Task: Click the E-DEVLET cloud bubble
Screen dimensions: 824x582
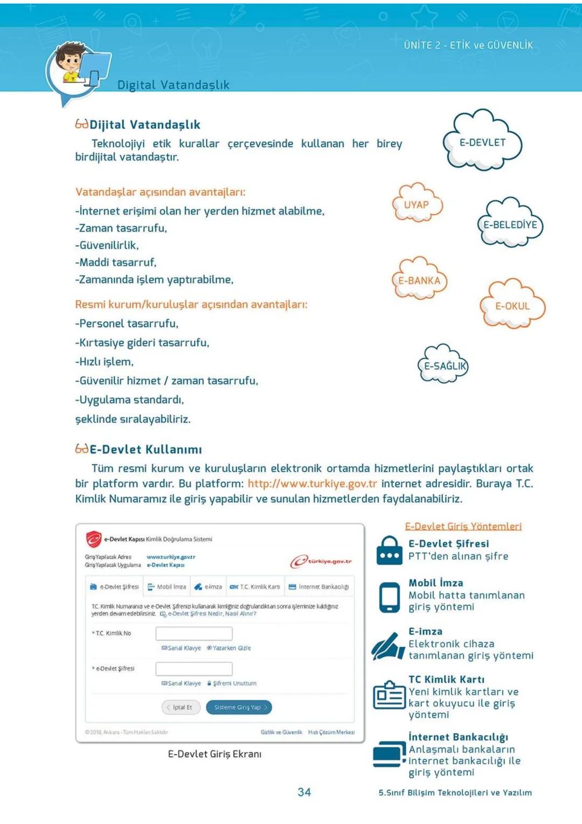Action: (482, 142)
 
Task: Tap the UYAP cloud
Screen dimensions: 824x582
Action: (417, 205)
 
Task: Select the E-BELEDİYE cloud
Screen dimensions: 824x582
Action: (510, 224)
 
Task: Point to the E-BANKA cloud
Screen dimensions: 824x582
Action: (419, 280)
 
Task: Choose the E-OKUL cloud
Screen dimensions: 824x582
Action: (512, 306)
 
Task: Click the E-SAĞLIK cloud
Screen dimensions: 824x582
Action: (444, 366)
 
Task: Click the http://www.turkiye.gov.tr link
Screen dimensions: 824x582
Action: (312, 483)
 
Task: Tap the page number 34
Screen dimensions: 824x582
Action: (304, 792)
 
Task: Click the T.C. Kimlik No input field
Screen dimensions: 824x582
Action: (194, 633)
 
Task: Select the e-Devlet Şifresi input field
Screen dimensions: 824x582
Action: (194, 669)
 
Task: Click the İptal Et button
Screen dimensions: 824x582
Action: (181, 707)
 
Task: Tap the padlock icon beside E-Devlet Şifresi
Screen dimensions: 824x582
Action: (389, 550)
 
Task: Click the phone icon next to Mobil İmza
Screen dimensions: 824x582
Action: (389, 597)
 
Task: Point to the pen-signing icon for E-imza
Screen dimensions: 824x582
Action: (388, 645)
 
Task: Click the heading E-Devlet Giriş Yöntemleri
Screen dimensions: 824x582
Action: (463, 526)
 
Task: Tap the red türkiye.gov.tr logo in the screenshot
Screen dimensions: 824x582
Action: (321, 561)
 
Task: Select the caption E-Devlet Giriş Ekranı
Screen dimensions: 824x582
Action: (214, 754)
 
